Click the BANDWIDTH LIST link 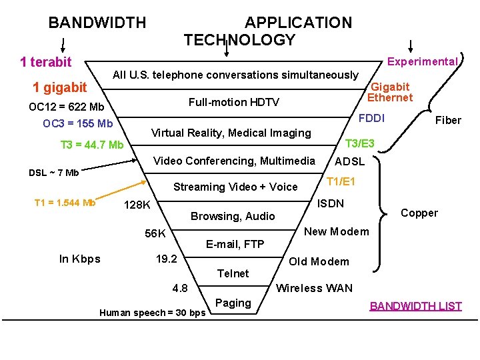pyautogui.click(x=415, y=306)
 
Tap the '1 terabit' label pyautogui.click(x=45, y=63)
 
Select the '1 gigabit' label pyautogui.click(x=59, y=87)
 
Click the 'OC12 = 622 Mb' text pyautogui.click(x=67, y=107)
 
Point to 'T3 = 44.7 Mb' pyautogui.click(x=92, y=145)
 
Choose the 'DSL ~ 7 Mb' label pyautogui.click(x=53, y=173)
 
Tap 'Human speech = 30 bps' pyautogui.click(x=152, y=313)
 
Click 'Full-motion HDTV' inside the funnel pyautogui.click(x=233, y=102)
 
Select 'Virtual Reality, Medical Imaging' pyautogui.click(x=231, y=133)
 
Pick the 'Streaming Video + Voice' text pyautogui.click(x=235, y=187)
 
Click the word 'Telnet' pyautogui.click(x=233, y=273)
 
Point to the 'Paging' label pyautogui.click(x=233, y=303)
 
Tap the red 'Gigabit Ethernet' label pyautogui.click(x=391, y=92)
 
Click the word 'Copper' pyautogui.click(x=419, y=213)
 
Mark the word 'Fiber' pyautogui.click(x=447, y=120)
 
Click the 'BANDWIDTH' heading pyautogui.click(x=97, y=23)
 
